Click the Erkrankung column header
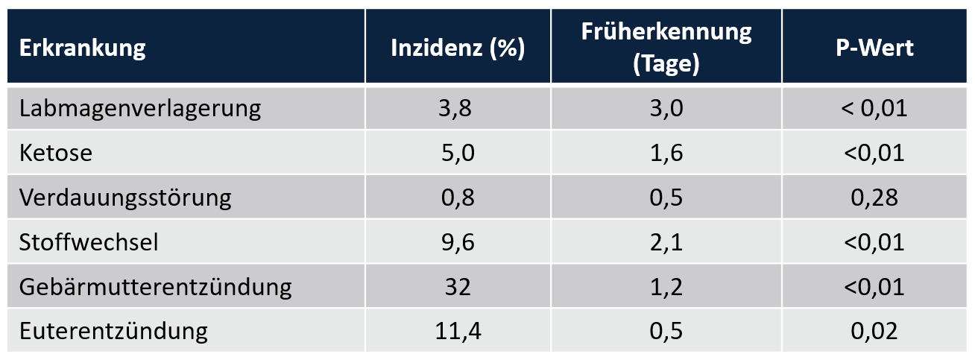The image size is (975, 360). pos(83,49)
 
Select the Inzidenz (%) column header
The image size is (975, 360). pos(458,49)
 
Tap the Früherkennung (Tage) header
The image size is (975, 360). pos(666,48)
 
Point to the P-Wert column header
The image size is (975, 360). pos(874,49)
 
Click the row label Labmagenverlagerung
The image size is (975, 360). pos(140,109)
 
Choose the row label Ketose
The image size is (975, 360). pos(57,153)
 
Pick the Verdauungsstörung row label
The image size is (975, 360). pos(125,198)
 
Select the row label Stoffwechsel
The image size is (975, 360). pos(89,242)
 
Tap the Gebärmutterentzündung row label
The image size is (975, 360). pos(156,286)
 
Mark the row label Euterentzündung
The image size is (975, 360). pos(113,331)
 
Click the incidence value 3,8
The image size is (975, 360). pos(456,109)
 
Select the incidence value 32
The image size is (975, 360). pos(456,286)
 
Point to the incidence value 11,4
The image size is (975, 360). pos(456,331)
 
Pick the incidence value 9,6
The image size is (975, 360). pos(456,242)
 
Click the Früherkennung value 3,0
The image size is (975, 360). pos(666,109)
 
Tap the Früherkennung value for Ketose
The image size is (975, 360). pos(666,153)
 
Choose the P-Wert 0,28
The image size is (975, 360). pos(874,198)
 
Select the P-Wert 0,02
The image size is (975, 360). pos(874,331)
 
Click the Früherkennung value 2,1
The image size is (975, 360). pos(666,242)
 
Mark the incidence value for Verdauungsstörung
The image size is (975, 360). pos(456,198)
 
